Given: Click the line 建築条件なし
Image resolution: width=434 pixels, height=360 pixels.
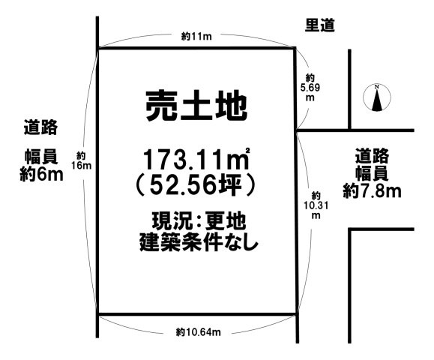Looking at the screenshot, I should point(197,242).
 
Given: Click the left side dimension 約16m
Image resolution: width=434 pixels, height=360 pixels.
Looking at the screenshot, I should point(82,160).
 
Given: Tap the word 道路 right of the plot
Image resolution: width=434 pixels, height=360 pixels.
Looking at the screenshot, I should point(373,157).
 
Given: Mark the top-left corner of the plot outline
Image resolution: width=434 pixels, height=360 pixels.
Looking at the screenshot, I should point(98,49).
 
